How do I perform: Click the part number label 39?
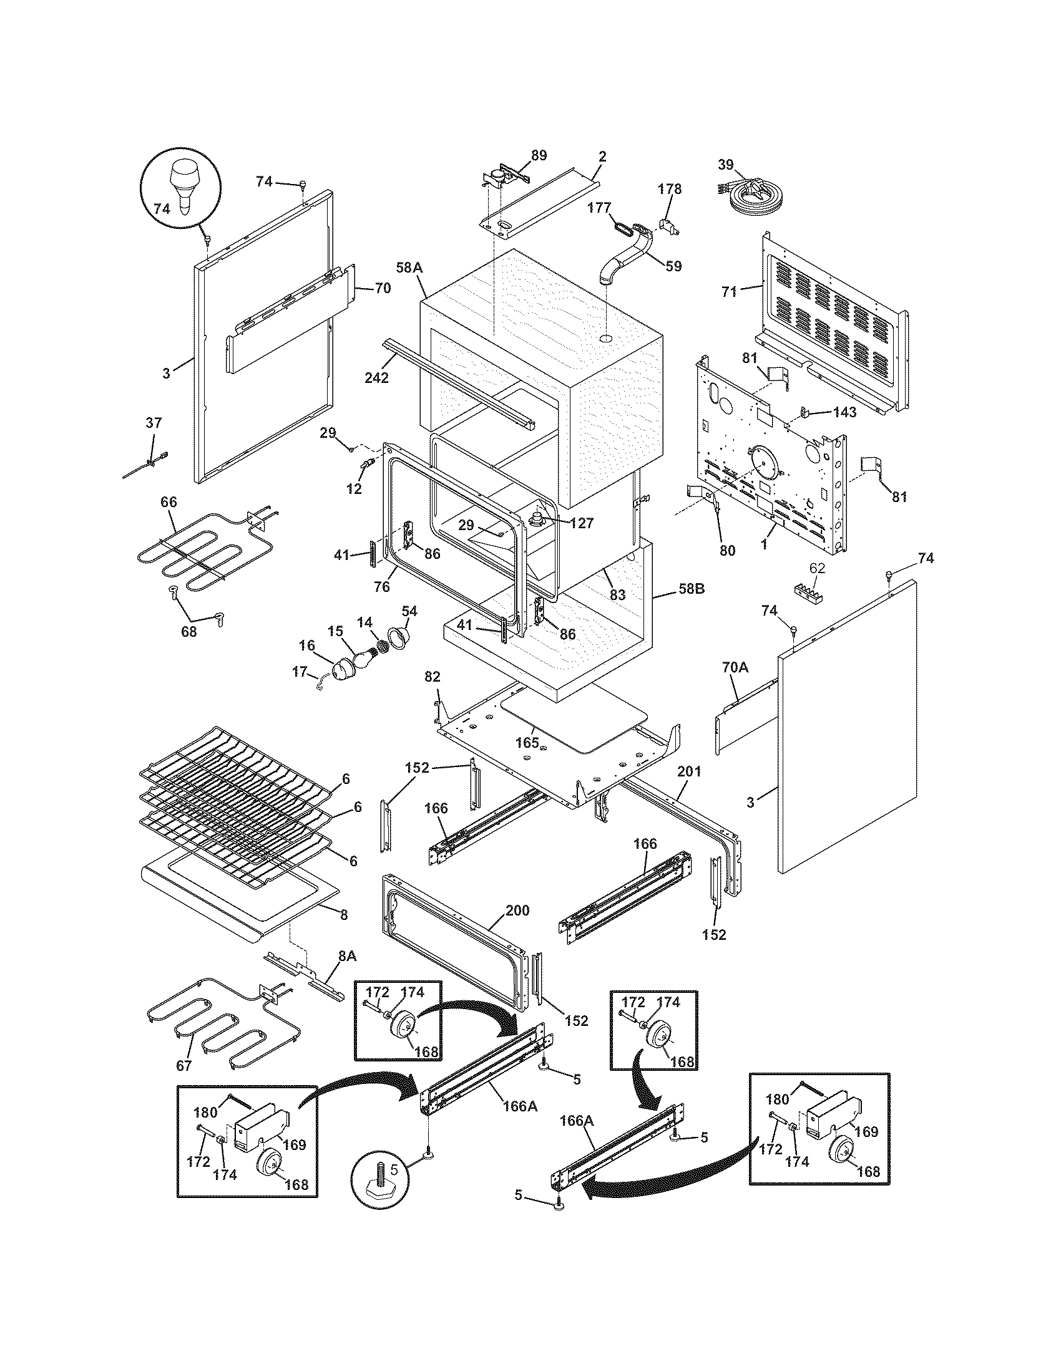(725, 165)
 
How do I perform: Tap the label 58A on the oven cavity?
(409, 268)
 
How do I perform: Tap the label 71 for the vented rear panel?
(729, 291)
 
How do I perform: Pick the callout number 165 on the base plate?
(527, 743)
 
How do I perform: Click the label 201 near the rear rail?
(689, 771)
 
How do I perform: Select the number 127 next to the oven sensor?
(581, 523)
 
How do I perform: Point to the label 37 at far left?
(154, 423)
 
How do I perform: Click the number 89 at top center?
(539, 155)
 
